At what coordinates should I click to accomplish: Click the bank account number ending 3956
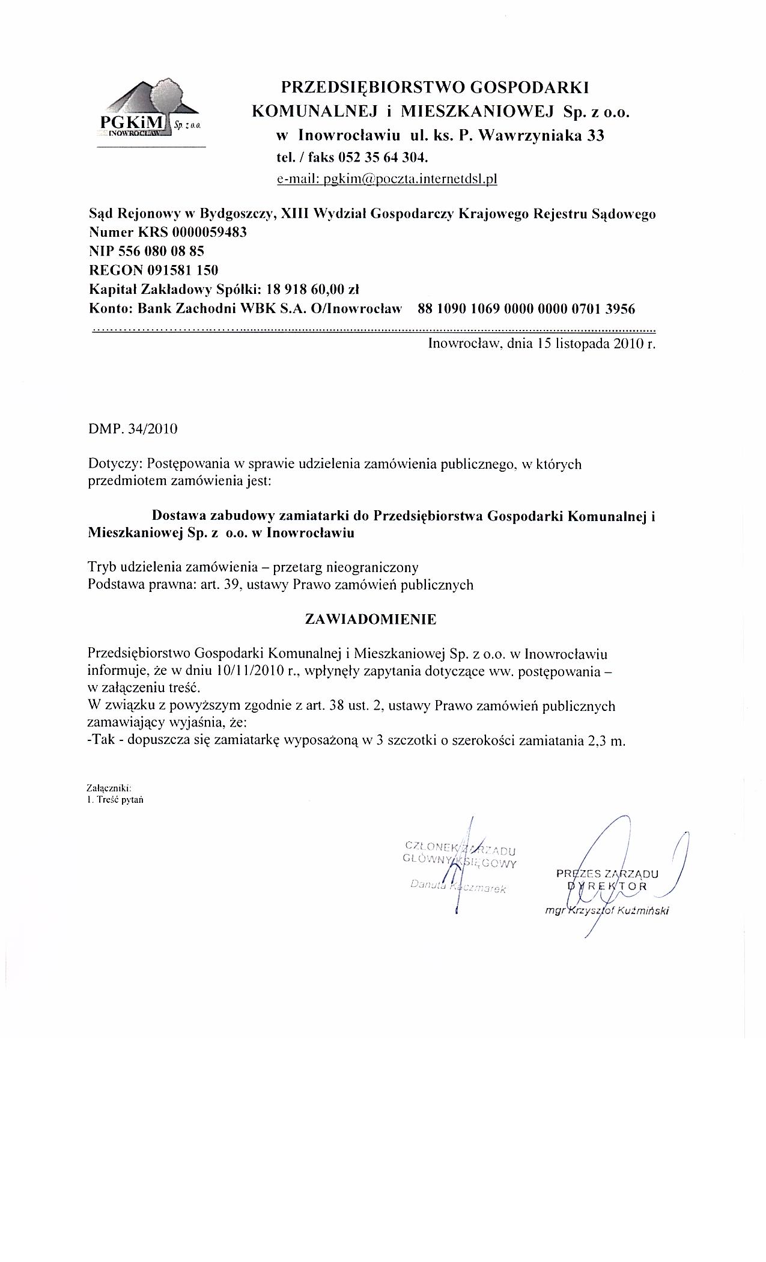(x=526, y=309)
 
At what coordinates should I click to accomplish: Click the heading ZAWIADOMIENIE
(x=371, y=620)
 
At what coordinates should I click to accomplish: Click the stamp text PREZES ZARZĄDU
(x=607, y=874)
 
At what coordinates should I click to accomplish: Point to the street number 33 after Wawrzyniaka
(x=595, y=135)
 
